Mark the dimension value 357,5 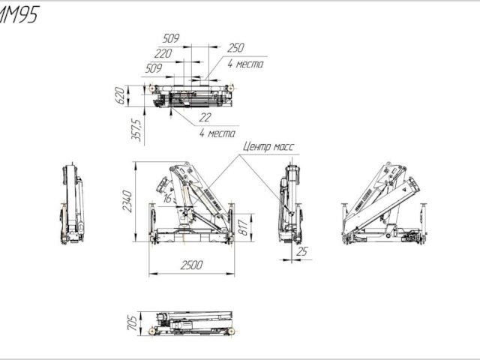click(x=137, y=127)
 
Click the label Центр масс click(x=268, y=148)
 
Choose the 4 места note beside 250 click(x=244, y=64)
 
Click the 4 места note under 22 click(x=217, y=133)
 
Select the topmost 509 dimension click(x=172, y=38)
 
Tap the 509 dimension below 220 click(x=154, y=67)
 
